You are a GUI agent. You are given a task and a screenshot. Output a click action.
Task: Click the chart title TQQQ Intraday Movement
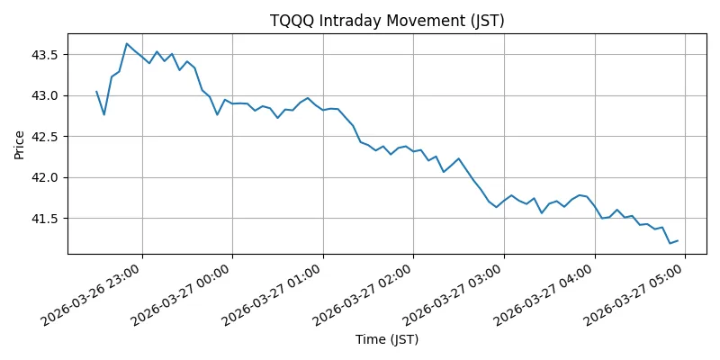pos(387,21)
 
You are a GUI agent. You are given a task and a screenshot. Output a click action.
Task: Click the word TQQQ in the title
pos(292,21)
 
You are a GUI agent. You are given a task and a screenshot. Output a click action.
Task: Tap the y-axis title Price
pos(20,144)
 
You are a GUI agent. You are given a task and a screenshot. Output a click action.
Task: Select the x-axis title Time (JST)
pos(387,339)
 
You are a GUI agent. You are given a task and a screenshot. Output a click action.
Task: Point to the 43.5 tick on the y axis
pos(47,55)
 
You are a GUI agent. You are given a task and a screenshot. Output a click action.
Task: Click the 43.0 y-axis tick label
pos(47,95)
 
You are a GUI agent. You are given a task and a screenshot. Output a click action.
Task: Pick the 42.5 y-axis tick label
pos(47,137)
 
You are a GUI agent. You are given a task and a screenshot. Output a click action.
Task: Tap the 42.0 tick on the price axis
pos(47,177)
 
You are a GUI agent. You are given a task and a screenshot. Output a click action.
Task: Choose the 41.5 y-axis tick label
pos(47,219)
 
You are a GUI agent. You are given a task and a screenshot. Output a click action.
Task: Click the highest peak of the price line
pos(126,43)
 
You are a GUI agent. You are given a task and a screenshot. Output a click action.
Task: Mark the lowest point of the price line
pos(670,243)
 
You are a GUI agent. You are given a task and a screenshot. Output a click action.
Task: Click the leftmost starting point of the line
pos(96,91)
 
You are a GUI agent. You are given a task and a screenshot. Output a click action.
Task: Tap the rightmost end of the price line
pos(677,240)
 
